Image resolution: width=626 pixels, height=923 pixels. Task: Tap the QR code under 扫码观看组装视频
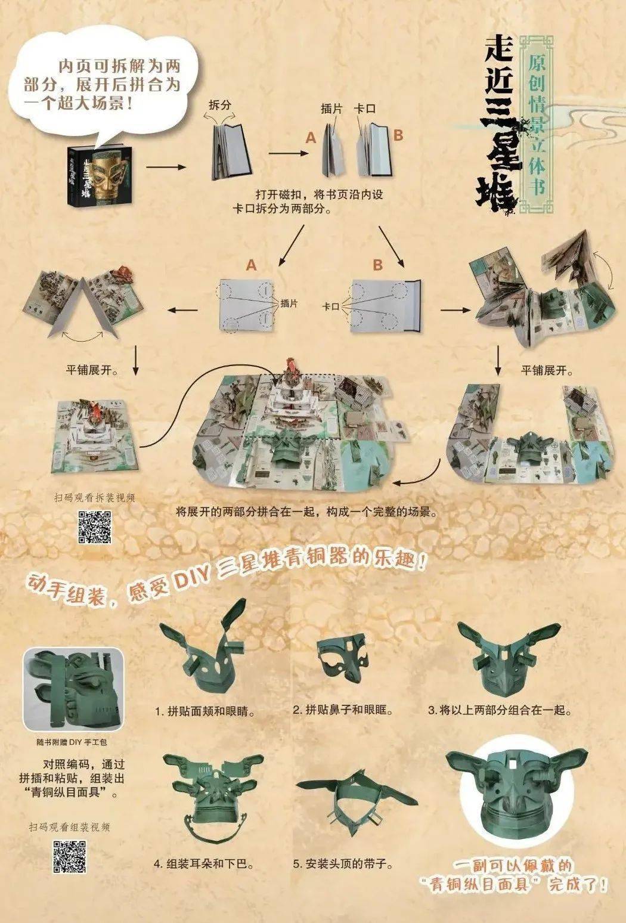pos(70,856)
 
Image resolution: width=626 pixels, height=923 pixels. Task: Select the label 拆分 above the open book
pos(220,106)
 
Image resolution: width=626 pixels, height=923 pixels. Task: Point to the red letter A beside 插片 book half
pos(310,138)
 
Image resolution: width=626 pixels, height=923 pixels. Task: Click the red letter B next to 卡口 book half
pos(398,135)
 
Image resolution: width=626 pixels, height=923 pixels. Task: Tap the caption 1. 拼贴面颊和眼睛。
pos(205,711)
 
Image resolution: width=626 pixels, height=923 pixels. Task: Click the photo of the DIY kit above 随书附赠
pos(73,689)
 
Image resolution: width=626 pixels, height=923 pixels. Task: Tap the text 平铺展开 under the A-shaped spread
pos(92,370)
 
